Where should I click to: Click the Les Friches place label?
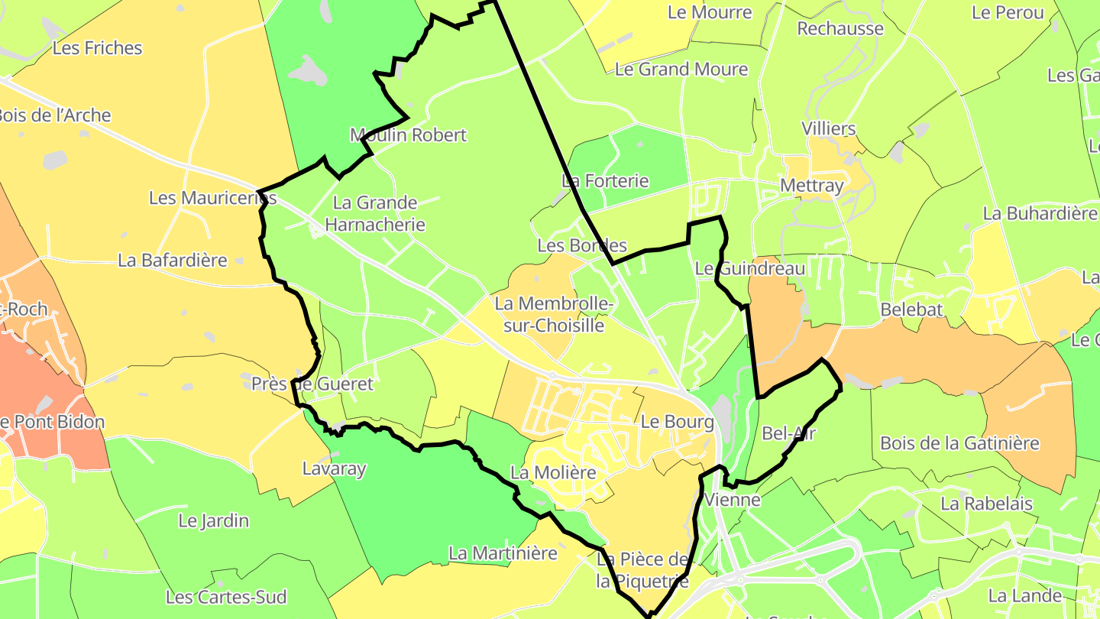click(x=97, y=48)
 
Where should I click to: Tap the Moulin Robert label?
click(x=408, y=135)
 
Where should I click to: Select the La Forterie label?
click(x=605, y=181)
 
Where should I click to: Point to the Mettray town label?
click(x=811, y=186)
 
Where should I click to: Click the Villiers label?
click(x=829, y=128)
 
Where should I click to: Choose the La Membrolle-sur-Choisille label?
click(x=554, y=314)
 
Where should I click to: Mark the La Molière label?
click(x=553, y=472)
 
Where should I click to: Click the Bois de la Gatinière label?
click(x=959, y=443)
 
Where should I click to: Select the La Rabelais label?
click(x=986, y=504)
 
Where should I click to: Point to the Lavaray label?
click(x=335, y=468)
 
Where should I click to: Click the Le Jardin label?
click(x=214, y=521)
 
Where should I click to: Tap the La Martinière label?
click(x=503, y=553)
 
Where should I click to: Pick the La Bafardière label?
click(x=173, y=261)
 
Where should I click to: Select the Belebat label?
click(x=911, y=309)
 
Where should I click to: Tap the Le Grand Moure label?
click(x=681, y=70)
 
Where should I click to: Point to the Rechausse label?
click(x=840, y=29)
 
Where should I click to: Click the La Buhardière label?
click(x=1040, y=213)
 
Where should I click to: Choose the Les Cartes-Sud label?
click(x=226, y=597)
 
